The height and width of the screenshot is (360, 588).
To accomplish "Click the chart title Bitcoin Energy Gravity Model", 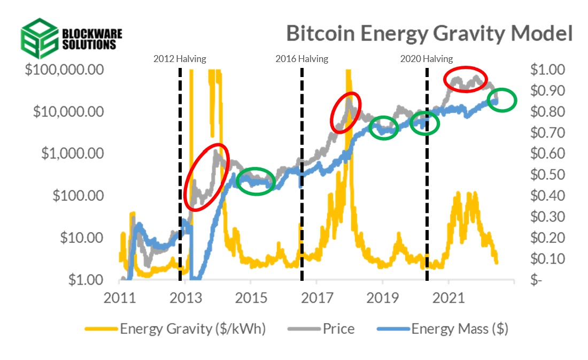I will [429, 33].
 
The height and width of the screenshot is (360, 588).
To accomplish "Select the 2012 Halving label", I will [180, 59].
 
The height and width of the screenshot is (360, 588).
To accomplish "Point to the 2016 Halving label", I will [301, 59].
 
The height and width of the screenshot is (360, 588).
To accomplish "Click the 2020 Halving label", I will [426, 59].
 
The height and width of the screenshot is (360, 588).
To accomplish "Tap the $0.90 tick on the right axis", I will [547, 91].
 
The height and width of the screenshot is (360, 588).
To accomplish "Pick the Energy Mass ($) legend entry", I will [459, 328].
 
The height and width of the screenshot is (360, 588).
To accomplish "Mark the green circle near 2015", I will [256, 181].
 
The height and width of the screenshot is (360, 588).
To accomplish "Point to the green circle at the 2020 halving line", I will [424, 124].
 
